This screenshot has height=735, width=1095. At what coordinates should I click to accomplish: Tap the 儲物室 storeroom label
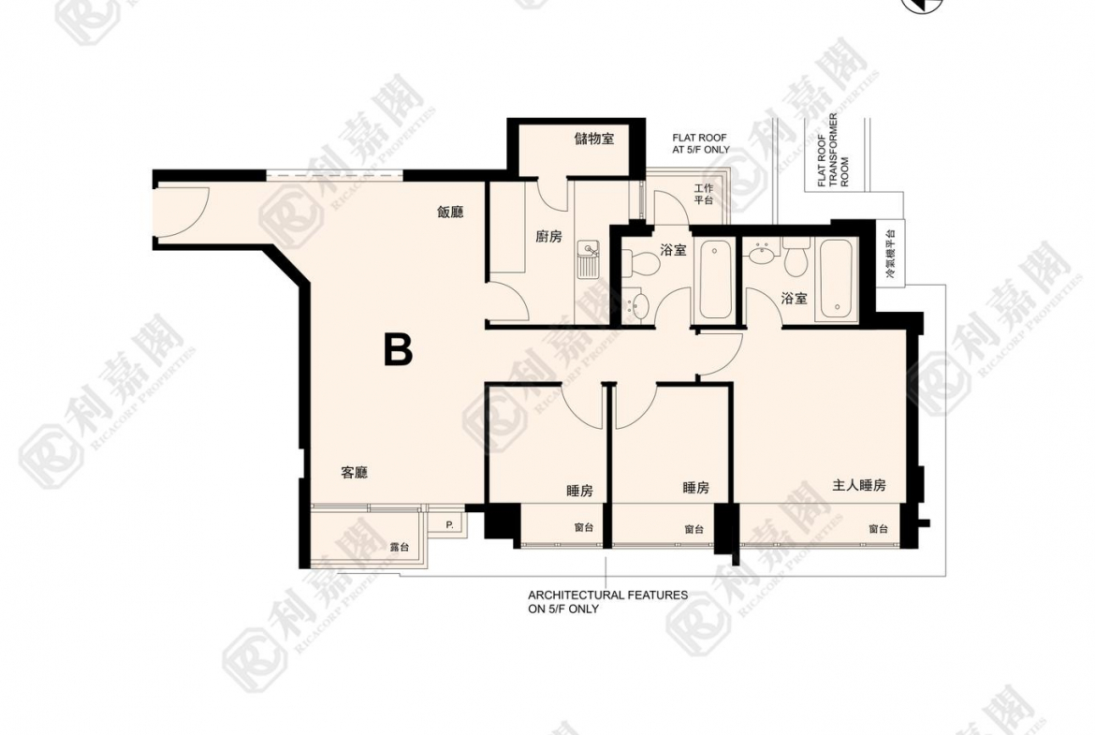(593, 140)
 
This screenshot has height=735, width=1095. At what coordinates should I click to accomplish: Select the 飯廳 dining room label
(450, 213)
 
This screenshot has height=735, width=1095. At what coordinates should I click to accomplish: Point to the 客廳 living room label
(354, 473)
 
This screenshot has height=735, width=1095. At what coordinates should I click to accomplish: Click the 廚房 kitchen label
(548, 237)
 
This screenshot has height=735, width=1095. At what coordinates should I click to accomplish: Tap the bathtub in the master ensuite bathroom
(836, 280)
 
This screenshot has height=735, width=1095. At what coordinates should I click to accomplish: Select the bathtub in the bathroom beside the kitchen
(717, 278)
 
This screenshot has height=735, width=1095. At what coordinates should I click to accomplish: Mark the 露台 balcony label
(398, 547)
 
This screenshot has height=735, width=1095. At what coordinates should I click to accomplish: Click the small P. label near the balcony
(449, 525)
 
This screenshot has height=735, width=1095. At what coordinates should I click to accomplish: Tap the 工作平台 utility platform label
(704, 194)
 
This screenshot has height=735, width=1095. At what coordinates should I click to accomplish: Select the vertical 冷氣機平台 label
(890, 255)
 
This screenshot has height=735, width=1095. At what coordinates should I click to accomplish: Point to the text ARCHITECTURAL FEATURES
(607, 595)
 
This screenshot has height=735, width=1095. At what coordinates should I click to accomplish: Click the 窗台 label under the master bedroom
(877, 529)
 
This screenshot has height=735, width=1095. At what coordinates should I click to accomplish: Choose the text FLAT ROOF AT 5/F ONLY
(700, 142)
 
